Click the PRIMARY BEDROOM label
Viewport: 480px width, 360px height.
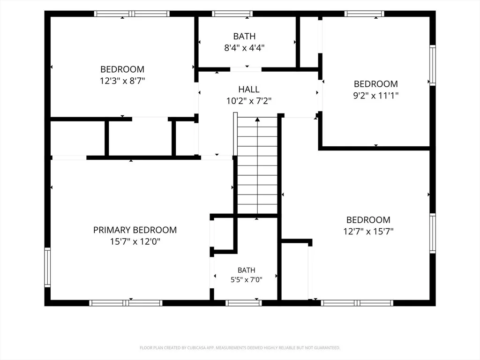[x=135, y=230]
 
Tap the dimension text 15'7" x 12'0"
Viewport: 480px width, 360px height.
[x=135, y=241]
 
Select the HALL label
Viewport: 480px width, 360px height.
[x=249, y=90]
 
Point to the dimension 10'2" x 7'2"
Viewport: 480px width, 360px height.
[x=249, y=101]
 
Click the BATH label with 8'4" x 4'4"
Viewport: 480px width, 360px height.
[x=244, y=37]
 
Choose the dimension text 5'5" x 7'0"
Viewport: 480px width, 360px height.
[x=247, y=279]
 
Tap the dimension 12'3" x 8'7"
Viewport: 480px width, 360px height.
[x=122, y=81]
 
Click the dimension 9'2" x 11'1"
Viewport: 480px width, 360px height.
[x=376, y=96]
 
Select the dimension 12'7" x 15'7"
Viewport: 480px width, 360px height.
[x=368, y=232]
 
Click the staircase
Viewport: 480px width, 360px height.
[x=257, y=165]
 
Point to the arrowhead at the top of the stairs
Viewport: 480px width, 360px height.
[x=257, y=120]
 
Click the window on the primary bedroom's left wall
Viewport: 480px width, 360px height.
[x=47, y=267]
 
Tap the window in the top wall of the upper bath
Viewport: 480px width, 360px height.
[x=232, y=14]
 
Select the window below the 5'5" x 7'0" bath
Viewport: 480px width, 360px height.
[x=244, y=303]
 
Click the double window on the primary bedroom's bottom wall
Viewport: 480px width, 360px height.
[x=126, y=303]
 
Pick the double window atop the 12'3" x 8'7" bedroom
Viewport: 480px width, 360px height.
[x=132, y=14]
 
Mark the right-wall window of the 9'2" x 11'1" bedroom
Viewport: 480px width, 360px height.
[x=433, y=65]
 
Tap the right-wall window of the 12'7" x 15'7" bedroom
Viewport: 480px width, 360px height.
[x=433, y=233]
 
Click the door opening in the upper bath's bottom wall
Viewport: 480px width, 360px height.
[x=246, y=69]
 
